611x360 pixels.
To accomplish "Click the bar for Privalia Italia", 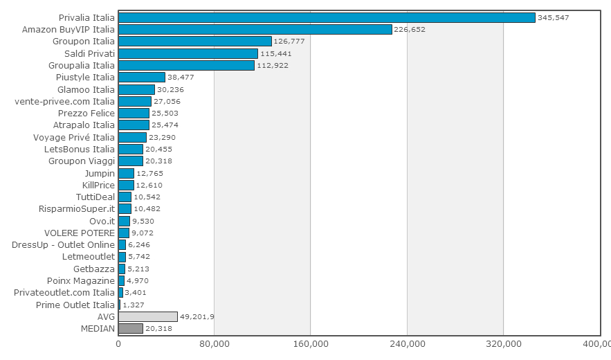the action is tap(327, 17).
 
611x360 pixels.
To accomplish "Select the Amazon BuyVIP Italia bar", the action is tap(255, 29).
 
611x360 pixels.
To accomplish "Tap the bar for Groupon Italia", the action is tap(195, 42).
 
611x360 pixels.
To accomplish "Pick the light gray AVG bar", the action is tap(148, 316).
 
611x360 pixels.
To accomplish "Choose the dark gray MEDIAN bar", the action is tap(131, 328).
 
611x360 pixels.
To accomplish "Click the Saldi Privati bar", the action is tap(188, 53).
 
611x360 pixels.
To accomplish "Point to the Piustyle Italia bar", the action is tap(142, 78).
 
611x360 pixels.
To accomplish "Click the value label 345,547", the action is tap(554, 17).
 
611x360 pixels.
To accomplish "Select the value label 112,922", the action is tap(273, 66).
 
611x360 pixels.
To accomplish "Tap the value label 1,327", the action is tap(134, 305).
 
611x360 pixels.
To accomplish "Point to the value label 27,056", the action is tap(167, 101).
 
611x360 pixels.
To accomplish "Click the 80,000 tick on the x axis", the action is tap(214, 344).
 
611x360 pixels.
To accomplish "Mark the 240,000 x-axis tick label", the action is tap(407, 344).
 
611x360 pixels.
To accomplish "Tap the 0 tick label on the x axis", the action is tap(118, 344).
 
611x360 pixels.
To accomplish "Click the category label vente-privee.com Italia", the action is tap(64, 101).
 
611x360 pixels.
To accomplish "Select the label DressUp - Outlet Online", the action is tap(63, 245).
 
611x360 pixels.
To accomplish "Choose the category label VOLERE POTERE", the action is tap(80, 233).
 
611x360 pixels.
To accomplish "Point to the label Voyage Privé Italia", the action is tap(74, 137).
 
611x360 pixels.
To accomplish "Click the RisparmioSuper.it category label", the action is tap(77, 209).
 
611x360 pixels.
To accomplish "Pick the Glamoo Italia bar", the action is tap(136, 90).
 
